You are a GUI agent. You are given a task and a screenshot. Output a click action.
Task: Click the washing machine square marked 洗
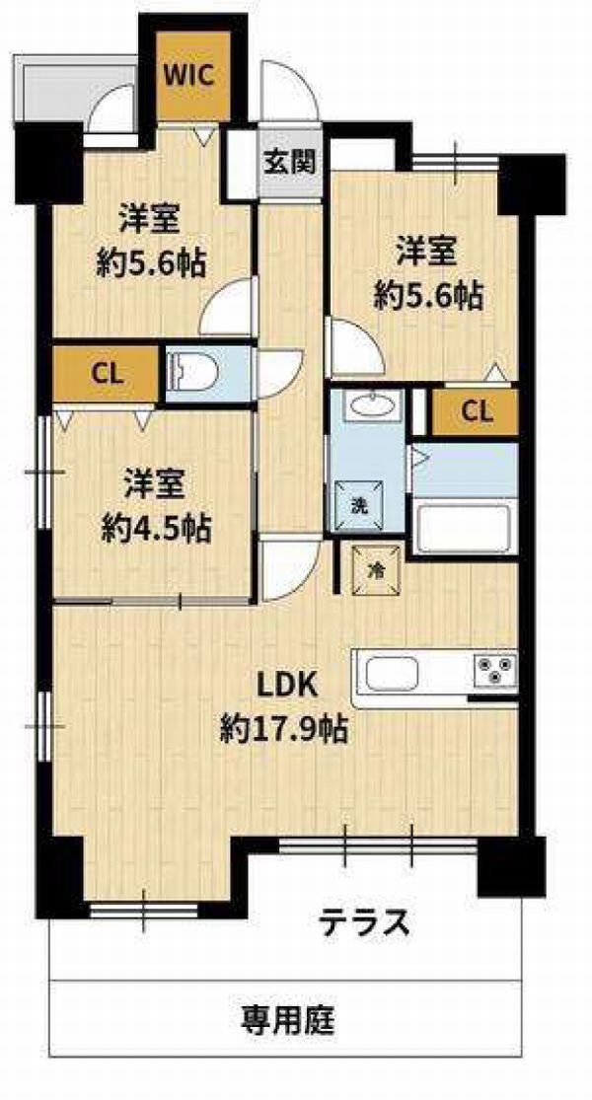pos(358,501)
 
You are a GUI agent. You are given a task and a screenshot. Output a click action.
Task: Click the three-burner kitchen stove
pos(496,669)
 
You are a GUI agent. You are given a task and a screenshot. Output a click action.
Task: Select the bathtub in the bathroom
pos(463,528)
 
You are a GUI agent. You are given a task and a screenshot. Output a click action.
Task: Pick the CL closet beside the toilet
pos(106,374)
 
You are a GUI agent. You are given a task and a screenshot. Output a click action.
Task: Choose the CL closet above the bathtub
pos(476,411)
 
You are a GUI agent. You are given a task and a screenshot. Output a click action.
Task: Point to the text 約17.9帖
pos(284,730)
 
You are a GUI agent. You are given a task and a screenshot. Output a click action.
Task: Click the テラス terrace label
pos(364,922)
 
